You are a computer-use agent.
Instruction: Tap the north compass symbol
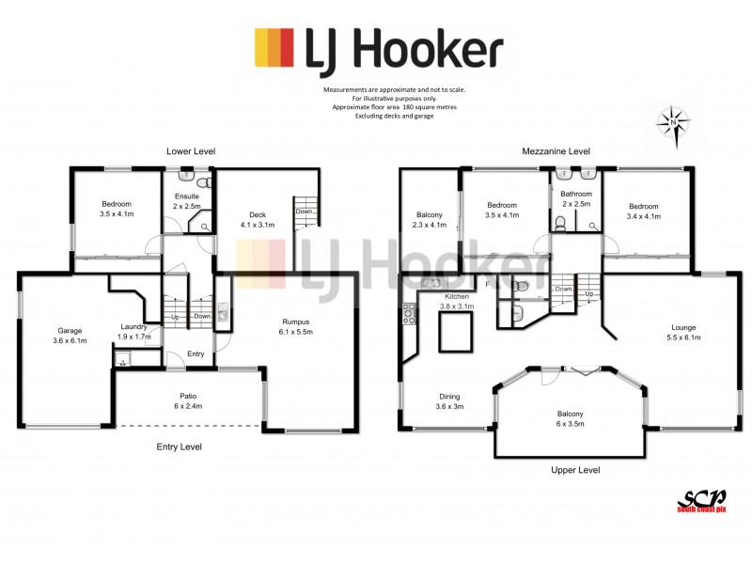click(x=674, y=123)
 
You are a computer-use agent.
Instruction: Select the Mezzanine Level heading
click(x=556, y=150)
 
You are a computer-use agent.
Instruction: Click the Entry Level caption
click(x=179, y=446)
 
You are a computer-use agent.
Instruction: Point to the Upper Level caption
click(x=576, y=470)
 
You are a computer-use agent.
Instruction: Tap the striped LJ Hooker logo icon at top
click(x=274, y=48)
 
